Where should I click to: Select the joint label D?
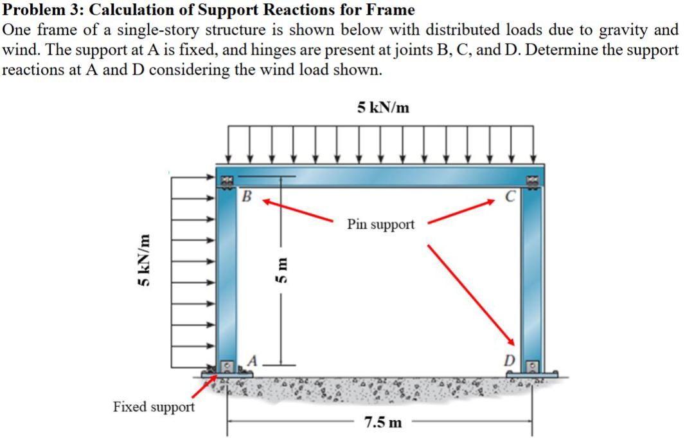(x=508, y=362)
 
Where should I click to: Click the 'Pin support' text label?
(x=381, y=225)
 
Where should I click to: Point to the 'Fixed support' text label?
(x=154, y=407)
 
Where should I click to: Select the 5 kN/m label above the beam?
(x=383, y=107)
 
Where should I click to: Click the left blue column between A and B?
(x=228, y=277)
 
